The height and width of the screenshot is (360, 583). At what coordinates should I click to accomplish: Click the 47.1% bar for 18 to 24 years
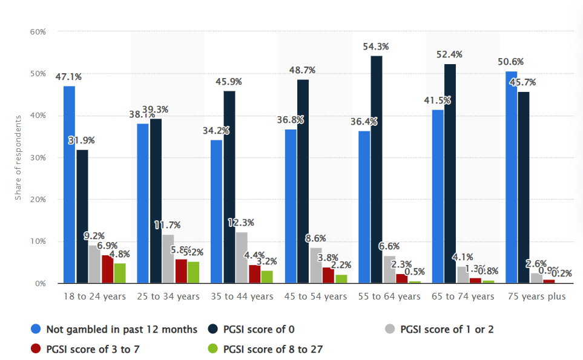70,185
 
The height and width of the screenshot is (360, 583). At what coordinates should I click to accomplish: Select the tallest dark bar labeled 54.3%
377,169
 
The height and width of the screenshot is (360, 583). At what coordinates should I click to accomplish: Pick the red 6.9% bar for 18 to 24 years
107,269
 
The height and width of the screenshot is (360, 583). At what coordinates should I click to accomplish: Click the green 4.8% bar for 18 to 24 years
120,273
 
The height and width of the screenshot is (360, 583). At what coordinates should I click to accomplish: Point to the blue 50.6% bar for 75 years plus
512,177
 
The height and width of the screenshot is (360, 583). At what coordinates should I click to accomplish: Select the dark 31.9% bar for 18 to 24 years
82,217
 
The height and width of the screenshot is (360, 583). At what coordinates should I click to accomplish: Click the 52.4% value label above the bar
449,54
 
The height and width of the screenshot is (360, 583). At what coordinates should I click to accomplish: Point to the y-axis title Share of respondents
18,157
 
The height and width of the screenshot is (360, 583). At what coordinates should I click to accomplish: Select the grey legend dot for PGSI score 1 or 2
390,329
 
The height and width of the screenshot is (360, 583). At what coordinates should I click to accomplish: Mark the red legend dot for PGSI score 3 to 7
36,349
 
